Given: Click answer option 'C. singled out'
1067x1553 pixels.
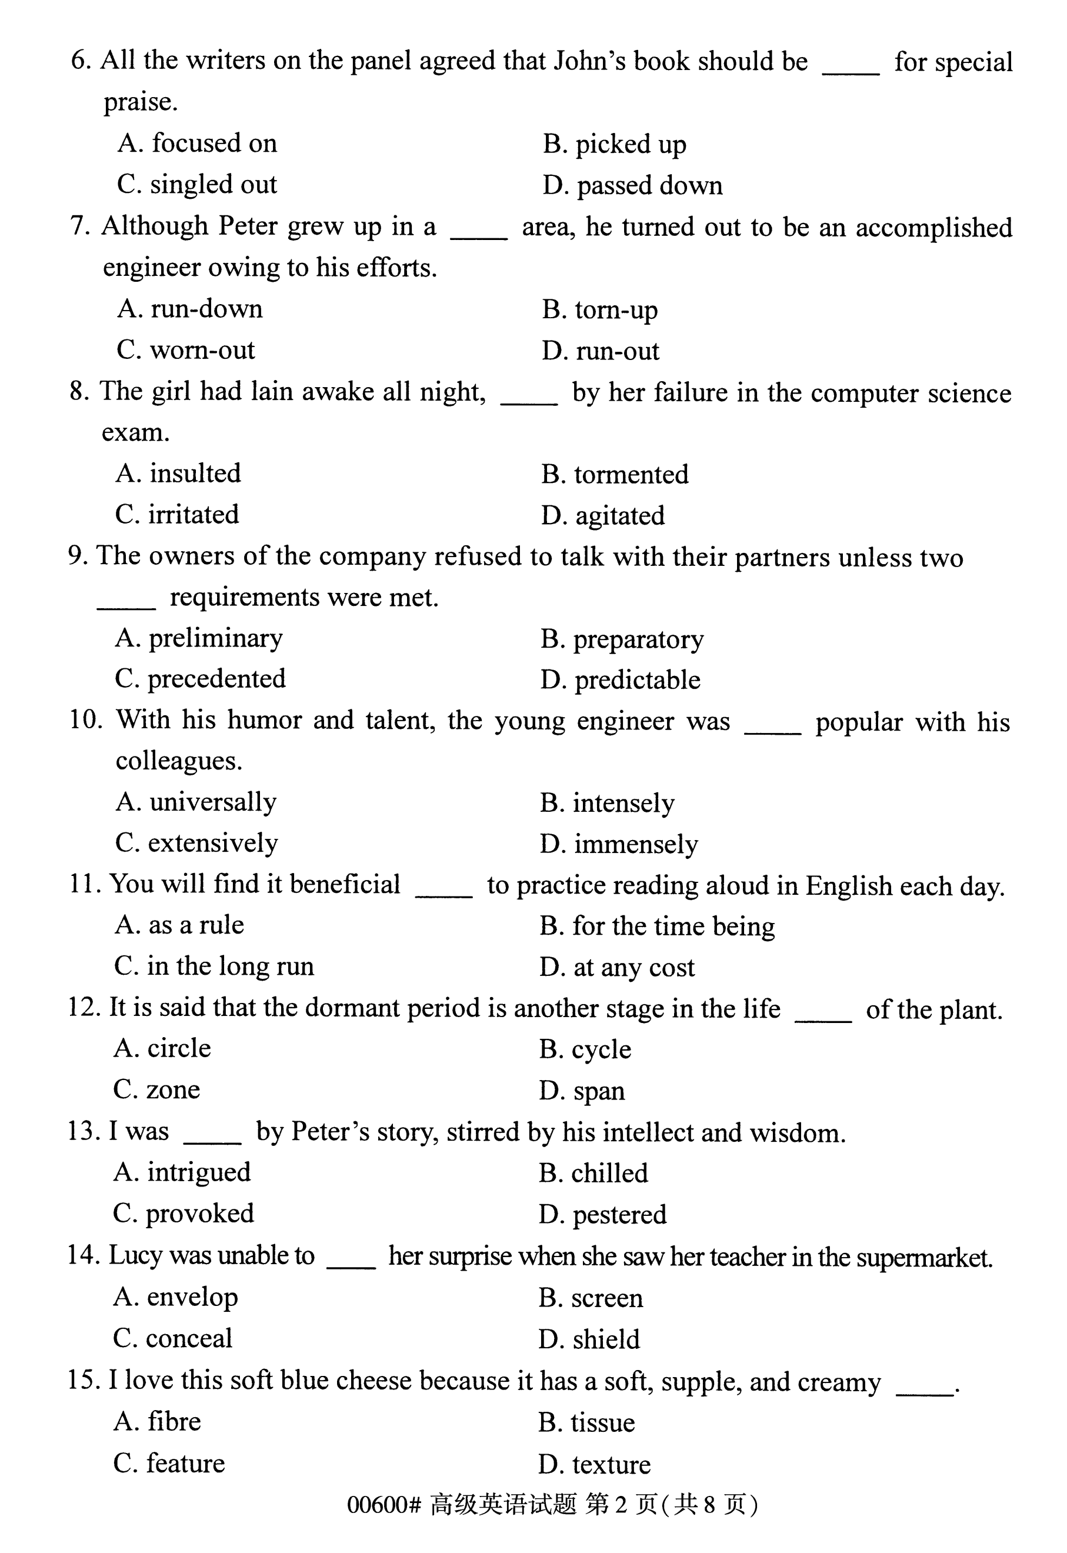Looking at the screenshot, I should (196, 185).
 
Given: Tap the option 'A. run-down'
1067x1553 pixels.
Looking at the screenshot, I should (190, 309).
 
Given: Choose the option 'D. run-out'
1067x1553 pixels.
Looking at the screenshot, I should (600, 351).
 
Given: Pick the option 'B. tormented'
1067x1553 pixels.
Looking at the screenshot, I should (615, 475).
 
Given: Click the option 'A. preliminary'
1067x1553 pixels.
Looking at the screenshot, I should (199, 638).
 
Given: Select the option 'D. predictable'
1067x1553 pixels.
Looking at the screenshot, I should (620, 681).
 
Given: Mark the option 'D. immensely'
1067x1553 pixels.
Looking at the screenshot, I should (618, 844).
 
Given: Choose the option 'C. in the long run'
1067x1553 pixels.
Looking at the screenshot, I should (214, 967).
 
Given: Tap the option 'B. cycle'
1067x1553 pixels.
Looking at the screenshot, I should (585, 1049).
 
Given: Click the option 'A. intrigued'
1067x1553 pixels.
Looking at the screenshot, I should (182, 1172).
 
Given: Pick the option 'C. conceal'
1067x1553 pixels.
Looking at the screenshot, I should (172, 1338).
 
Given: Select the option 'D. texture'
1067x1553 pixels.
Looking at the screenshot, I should (593, 1464).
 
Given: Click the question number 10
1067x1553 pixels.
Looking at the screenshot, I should (84, 720).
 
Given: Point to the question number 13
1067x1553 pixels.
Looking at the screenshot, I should (83, 1131).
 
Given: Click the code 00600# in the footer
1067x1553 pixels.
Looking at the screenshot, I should (384, 1505).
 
